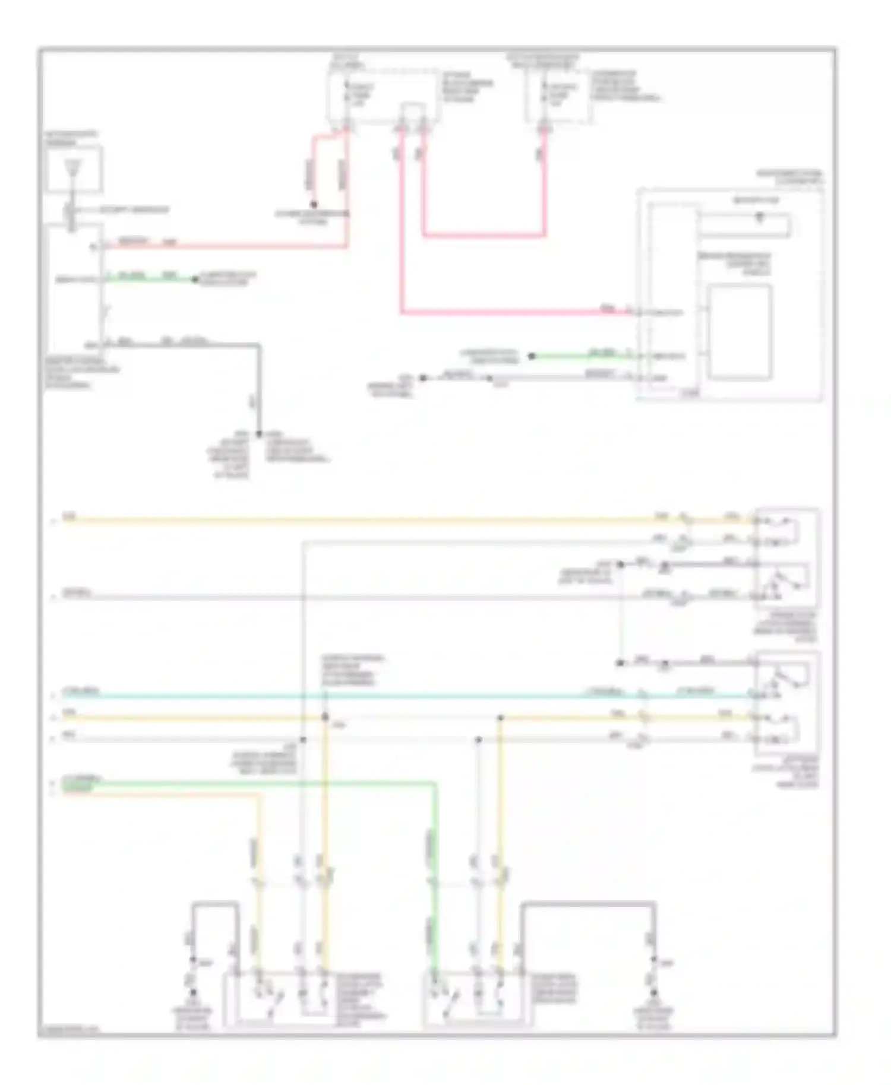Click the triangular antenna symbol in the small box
72,167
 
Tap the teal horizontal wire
356,695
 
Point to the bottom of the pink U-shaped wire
484,236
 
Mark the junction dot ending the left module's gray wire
259,434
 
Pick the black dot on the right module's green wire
532,356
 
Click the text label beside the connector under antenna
134,210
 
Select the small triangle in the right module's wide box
759,218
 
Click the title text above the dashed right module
789,177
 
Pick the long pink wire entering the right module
511,311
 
